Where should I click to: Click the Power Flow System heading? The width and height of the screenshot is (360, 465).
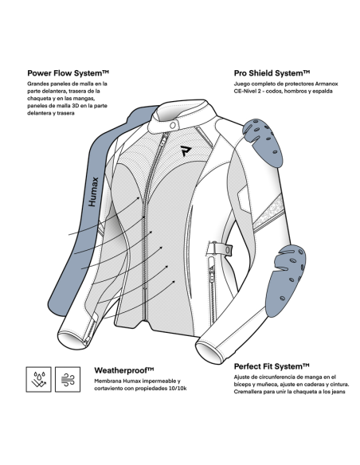(68, 73)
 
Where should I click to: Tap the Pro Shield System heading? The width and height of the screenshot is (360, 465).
(272, 73)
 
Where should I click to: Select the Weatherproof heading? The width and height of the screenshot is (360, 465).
(124, 370)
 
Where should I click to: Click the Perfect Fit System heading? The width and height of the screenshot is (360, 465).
(272, 366)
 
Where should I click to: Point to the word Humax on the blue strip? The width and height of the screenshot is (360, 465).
(93, 192)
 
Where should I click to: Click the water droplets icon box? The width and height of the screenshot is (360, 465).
(38, 379)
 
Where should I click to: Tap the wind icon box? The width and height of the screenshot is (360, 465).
(68, 379)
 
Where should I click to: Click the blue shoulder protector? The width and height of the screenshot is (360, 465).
(264, 143)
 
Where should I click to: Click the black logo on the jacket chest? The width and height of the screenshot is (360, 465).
(186, 150)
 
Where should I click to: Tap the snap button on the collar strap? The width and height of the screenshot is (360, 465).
(173, 126)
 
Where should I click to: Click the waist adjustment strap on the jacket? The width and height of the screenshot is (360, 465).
(220, 248)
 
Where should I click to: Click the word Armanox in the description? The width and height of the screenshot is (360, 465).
(327, 84)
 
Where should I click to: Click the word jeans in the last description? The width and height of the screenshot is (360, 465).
(338, 392)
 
